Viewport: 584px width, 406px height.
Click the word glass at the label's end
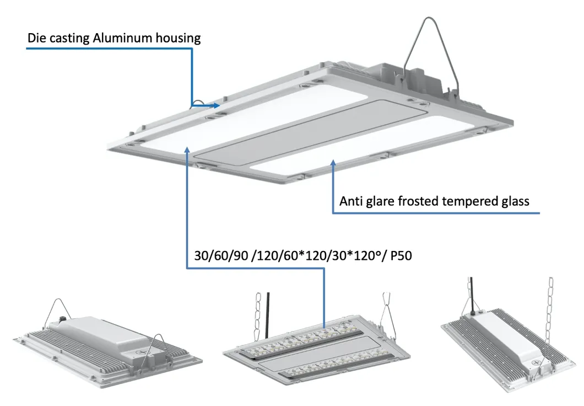(513, 202)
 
